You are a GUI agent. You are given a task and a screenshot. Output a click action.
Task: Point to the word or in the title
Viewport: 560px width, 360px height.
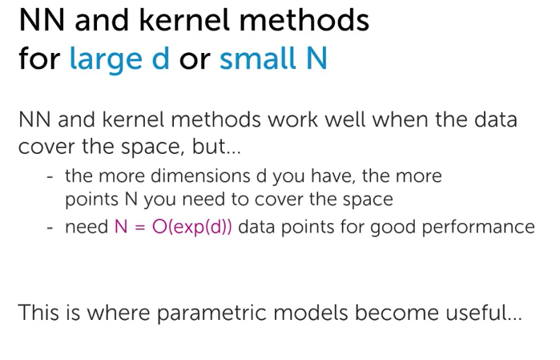[x=194, y=59]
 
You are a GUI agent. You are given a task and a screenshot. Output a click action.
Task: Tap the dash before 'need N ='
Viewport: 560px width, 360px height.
[x=50, y=228]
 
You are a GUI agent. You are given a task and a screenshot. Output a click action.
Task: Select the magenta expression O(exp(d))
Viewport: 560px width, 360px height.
[x=192, y=227]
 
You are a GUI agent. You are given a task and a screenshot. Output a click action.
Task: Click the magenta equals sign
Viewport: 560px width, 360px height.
[x=139, y=227]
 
